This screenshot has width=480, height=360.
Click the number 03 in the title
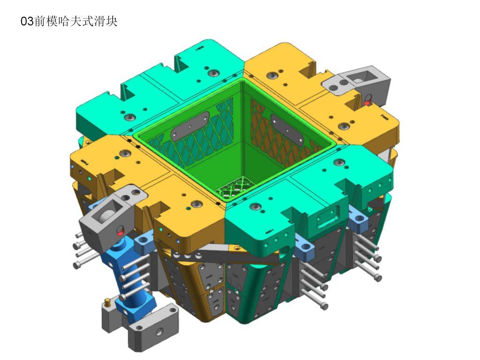pyautogui.click(x=27, y=22)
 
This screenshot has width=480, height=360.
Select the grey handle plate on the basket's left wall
pyautogui.click(x=190, y=126)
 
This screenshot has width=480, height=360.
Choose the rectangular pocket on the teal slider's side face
pyautogui.click(x=328, y=217)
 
